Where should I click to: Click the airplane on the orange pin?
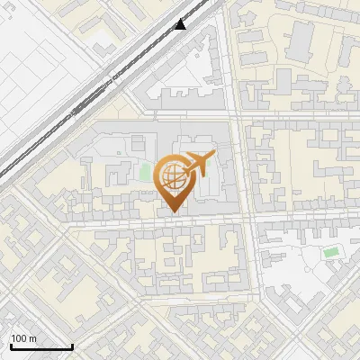coord(197,165)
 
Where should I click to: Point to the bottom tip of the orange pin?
coord(173,213)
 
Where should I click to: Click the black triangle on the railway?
coord(181,24)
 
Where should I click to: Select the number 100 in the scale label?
coord(19,338)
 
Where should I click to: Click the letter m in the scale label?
coord(33,338)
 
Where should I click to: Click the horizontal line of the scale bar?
coord(41,347)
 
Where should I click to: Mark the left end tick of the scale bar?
coord(11,345)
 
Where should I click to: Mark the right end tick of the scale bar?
coord(72,345)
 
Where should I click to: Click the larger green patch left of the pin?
coord(145,171)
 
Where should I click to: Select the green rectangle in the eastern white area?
coord(331,253)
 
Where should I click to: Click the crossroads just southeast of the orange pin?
coord(244,219)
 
